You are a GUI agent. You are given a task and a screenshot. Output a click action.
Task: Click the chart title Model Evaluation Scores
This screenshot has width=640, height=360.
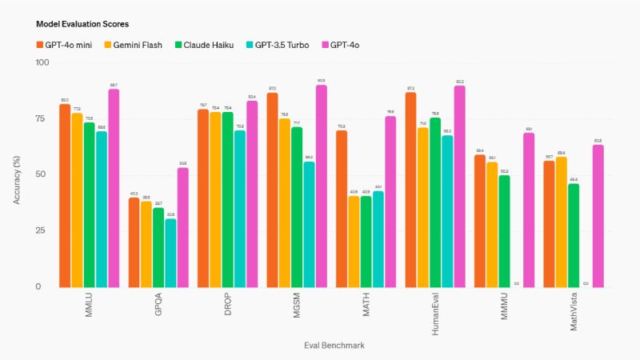tap(77, 25)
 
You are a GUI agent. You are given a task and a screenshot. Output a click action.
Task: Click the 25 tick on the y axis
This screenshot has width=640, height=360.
tap(42, 231)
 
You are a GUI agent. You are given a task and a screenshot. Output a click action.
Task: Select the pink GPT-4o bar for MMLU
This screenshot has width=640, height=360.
tap(114, 188)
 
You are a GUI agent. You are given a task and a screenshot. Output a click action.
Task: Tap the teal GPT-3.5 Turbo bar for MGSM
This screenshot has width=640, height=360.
tap(309, 225)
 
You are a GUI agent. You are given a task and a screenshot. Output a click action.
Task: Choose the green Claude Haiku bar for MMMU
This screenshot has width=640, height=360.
tap(504, 231)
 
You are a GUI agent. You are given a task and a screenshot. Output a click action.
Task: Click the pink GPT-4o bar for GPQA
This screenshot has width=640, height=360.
tap(183, 227)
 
